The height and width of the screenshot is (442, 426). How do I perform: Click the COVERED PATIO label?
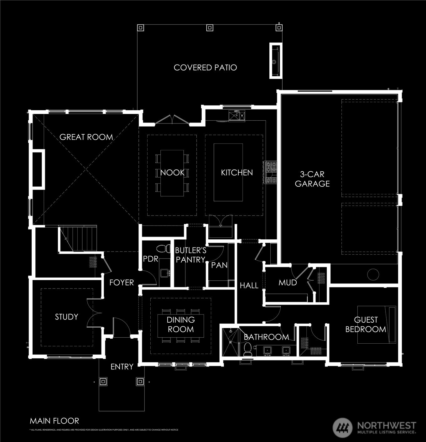pos(205,68)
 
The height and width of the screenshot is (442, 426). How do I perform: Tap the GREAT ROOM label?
pos(86,137)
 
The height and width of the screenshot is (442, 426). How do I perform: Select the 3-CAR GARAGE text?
pos(312,179)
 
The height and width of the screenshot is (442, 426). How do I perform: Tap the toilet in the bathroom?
pos(247,349)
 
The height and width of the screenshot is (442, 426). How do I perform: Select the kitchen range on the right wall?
pos(270,172)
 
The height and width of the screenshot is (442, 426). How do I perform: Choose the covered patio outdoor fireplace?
pos(276,60)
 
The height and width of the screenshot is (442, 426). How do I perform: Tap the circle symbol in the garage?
pos(373,274)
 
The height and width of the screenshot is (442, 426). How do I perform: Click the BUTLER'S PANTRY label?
pos(190,255)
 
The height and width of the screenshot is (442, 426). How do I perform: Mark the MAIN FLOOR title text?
pos(54,421)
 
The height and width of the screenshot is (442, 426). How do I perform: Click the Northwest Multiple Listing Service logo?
pos(375,428)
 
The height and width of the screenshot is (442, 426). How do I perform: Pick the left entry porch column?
pos(103,382)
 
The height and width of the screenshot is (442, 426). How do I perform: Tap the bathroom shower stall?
pos(231,342)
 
